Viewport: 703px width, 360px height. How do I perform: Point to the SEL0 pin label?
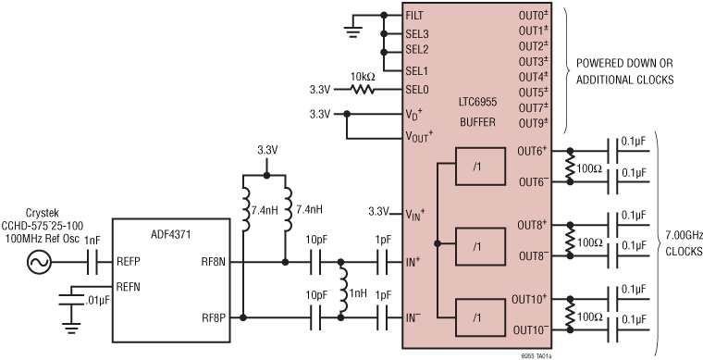[419, 90]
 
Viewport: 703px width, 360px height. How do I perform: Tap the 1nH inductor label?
[358, 294]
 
